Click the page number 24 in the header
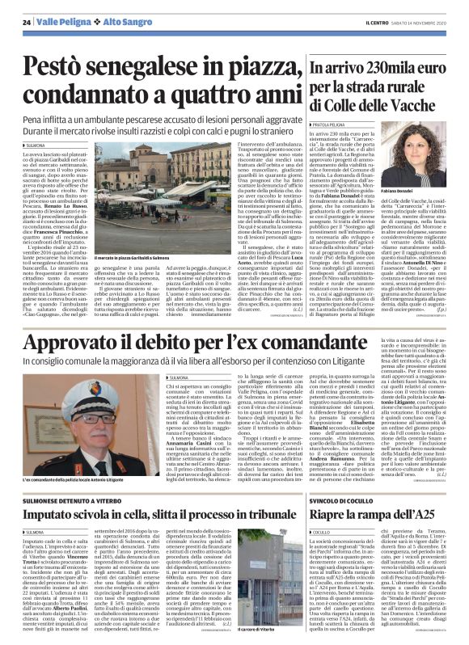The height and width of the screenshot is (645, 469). point(26,21)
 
